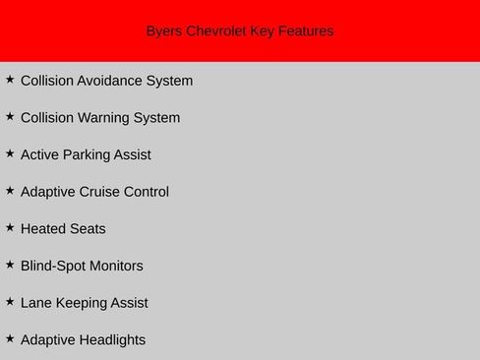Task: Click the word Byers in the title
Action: tap(164, 31)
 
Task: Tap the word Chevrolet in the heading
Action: tap(216, 31)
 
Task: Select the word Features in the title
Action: tap(305, 31)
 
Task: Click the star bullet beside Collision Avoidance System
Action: tap(10, 79)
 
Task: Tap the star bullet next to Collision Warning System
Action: tap(10, 116)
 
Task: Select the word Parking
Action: tap(90, 154)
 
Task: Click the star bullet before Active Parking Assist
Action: tap(10, 152)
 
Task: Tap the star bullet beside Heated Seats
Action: tap(10, 227)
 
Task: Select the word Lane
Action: tap(36, 303)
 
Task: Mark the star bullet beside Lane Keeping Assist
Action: tap(10, 301)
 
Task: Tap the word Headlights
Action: tap(111, 340)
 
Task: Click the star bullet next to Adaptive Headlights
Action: tap(10, 338)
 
